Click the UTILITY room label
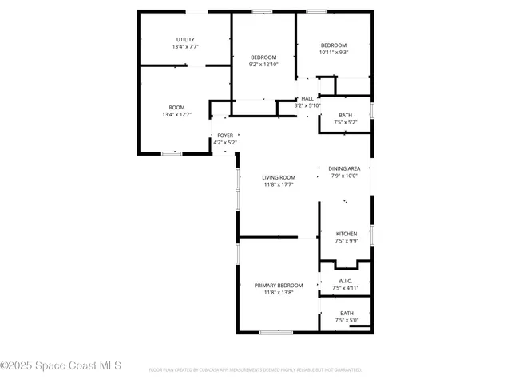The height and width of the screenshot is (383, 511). (185, 40)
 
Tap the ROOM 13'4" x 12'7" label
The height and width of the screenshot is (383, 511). (176, 108)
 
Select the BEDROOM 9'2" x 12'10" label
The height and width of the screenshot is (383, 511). (263, 57)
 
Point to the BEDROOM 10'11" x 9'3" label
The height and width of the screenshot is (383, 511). (334, 45)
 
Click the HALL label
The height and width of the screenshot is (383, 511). (307, 98)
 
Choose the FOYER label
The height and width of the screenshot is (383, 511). (226, 136)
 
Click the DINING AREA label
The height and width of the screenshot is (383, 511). (345, 168)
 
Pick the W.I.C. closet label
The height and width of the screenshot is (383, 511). (345, 281)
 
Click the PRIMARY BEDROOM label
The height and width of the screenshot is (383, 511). (279, 285)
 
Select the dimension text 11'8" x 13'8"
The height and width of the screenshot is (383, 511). (279, 293)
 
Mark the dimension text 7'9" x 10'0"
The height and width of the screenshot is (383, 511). (345, 176)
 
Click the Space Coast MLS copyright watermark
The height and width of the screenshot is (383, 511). (61, 365)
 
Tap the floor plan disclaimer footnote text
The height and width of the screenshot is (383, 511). (255, 370)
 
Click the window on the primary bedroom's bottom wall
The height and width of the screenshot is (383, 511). (275, 332)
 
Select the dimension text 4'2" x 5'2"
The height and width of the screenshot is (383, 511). (226, 143)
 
